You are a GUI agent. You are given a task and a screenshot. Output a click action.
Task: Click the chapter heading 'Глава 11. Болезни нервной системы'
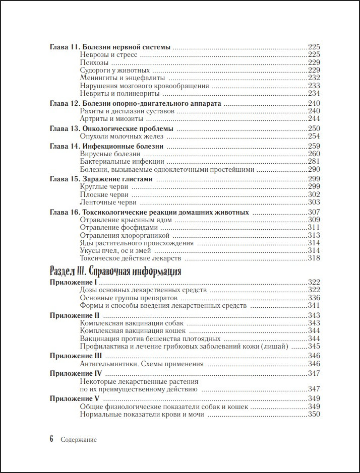(110, 47)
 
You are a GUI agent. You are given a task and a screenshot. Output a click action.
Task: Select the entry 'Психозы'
(94, 62)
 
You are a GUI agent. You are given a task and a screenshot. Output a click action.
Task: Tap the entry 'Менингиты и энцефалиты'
(123, 78)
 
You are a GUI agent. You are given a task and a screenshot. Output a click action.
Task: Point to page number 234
(314, 93)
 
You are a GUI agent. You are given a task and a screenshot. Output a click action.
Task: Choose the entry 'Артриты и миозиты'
(111, 119)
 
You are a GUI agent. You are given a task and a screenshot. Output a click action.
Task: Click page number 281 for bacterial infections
(314, 162)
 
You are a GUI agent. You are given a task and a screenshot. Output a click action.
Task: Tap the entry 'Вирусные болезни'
(110, 154)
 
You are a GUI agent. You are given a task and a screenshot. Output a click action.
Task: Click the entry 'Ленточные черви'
(108, 202)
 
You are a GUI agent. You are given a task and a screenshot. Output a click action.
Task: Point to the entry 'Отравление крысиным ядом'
(126, 220)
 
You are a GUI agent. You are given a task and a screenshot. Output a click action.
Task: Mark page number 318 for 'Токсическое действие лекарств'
(314, 258)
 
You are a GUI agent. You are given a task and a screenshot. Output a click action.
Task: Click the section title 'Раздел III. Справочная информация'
(115, 272)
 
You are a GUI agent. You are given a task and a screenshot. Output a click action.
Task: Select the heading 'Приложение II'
(74, 315)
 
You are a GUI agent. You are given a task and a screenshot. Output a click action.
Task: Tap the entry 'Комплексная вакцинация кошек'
(133, 331)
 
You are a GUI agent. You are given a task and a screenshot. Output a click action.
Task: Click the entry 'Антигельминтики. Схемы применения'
(142, 364)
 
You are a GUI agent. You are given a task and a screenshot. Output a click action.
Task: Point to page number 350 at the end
(314, 415)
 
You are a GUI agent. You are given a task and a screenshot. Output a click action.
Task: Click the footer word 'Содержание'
(78, 439)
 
